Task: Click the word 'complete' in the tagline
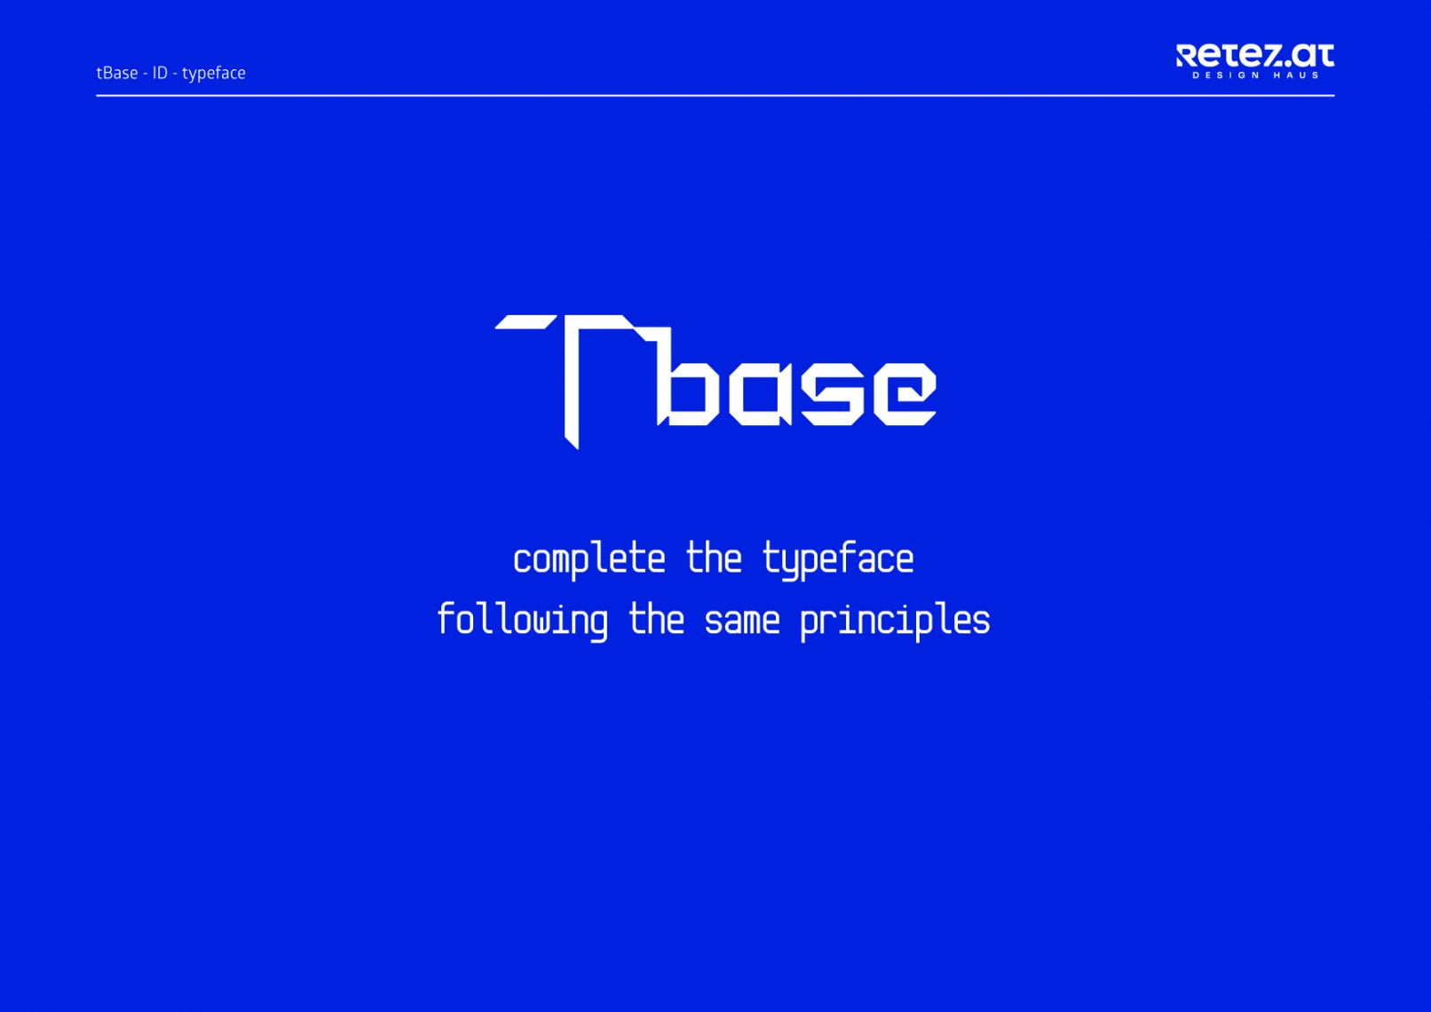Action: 589,560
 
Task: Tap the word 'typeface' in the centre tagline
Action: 837,560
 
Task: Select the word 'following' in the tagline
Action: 523,621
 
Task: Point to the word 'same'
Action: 742,621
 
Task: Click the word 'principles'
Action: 895,621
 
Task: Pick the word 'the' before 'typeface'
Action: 714,557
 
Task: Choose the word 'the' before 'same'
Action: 656,619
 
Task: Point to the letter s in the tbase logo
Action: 828,393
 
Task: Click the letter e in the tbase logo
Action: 905,393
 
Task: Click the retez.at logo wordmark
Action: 1254,55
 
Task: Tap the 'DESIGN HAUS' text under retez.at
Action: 1255,75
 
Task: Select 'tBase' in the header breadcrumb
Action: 117,73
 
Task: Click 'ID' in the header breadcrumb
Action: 160,73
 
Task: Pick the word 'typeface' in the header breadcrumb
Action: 214,74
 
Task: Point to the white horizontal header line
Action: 715,96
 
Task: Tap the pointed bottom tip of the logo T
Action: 578,449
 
